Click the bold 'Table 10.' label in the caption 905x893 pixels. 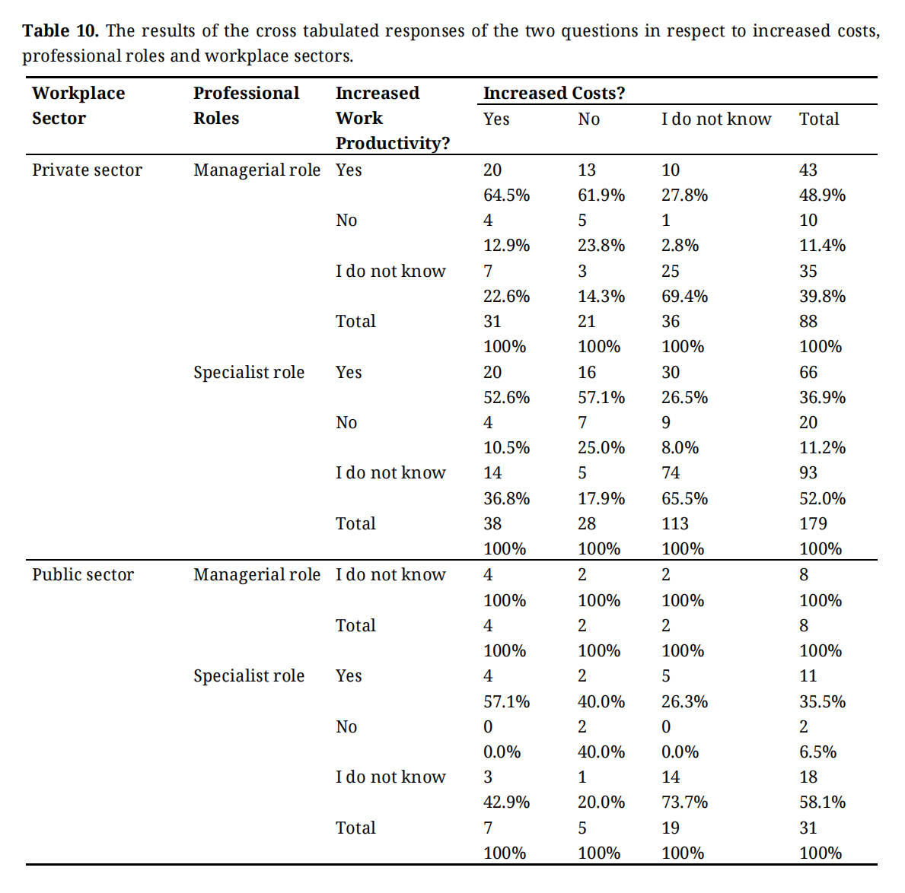61,30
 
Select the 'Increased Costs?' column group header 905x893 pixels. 554,93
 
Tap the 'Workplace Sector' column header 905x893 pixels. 78,106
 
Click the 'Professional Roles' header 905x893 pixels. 247,106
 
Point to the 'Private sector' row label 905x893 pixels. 88,170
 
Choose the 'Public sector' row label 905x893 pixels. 83,574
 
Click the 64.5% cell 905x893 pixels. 506,195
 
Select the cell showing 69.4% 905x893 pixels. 684,296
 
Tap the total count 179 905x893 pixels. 813,523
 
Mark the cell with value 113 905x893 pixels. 674,523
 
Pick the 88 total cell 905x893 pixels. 808,321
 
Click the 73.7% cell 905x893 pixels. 684,802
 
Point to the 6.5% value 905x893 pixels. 817,752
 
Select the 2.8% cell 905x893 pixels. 680,245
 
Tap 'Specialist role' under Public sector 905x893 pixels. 249,676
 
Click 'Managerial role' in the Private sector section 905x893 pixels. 257,170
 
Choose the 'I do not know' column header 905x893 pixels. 716,119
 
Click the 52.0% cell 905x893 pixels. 823,498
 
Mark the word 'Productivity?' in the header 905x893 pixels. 393,143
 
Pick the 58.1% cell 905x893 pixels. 823,802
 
